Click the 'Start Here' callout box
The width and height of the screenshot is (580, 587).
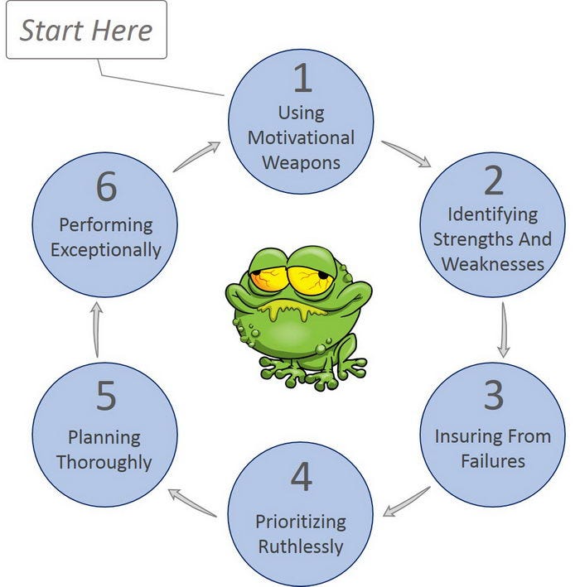[x=86, y=30]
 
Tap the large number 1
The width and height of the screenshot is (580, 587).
[x=302, y=78]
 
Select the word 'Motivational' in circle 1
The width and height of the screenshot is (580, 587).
[x=301, y=137]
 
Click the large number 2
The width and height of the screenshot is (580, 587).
[x=494, y=180]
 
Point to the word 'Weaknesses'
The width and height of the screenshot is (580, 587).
[x=493, y=264]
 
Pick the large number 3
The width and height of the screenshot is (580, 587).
[x=494, y=395]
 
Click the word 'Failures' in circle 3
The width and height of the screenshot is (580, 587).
[x=493, y=461]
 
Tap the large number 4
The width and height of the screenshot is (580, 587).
[x=302, y=476]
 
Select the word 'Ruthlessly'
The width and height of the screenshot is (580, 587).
[x=301, y=546]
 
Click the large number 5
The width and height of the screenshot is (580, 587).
[x=106, y=395]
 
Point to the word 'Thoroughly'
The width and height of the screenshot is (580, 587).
[x=104, y=462]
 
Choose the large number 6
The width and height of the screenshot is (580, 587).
[x=106, y=186]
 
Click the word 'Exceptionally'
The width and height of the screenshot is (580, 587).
[x=106, y=250]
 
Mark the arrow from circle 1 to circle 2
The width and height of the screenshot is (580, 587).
[x=407, y=154]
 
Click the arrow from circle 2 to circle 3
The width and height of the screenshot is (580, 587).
[x=503, y=330]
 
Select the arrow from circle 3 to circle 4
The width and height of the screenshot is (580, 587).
[x=407, y=502]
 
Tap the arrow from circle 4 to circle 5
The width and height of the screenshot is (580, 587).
[x=192, y=503]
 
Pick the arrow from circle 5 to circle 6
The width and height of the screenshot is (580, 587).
[x=97, y=330]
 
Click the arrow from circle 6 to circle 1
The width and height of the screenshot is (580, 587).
[x=196, y=156]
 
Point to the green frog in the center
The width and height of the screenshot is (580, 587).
[x=298, y=318]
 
